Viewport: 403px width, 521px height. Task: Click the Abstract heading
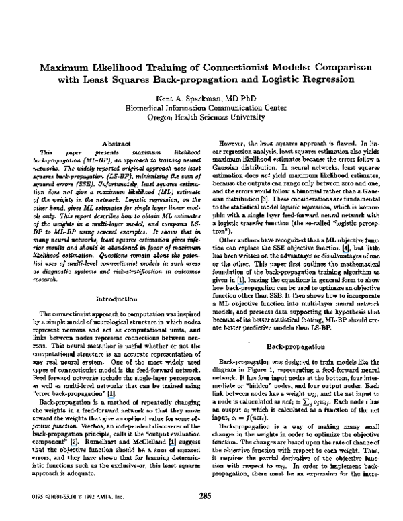tap(115, 143)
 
